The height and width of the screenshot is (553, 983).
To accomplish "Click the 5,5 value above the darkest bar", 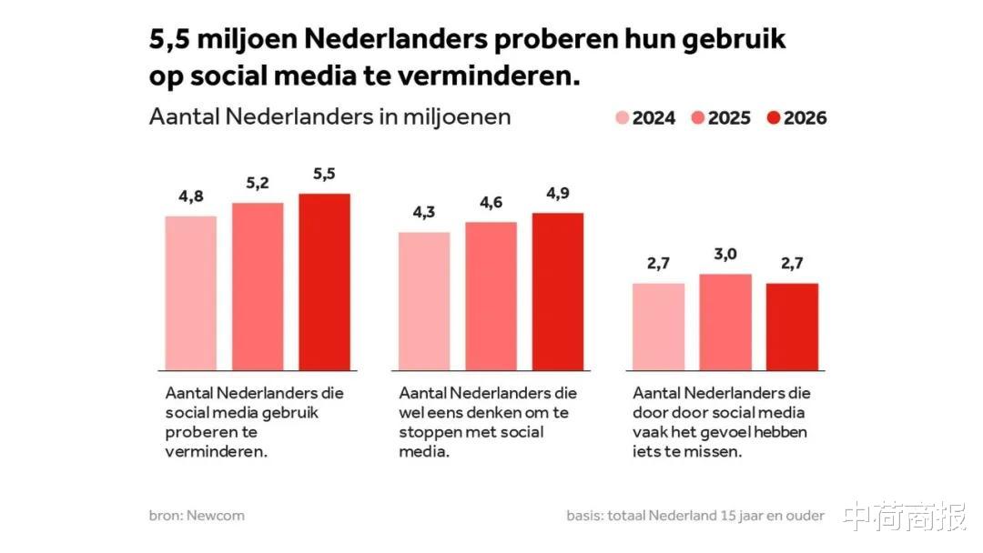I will pyautogui.click(x=324, y=175).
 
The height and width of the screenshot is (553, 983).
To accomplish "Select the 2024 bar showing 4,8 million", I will pyautogui.click(x=191, y=293).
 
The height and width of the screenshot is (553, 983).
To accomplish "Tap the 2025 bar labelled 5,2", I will pyautogui.click(x=258, y=287).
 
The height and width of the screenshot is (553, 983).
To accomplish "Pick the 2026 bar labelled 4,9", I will pyautogui.click(x=557, y=291).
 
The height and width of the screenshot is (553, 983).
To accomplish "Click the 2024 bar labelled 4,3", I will pyautogui.click(x=424, y=301).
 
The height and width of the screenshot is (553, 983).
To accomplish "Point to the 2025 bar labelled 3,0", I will pyautogui.click(x=725, y=322).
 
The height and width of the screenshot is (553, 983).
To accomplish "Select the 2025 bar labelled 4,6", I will pyautogui.click(x=491, y=296).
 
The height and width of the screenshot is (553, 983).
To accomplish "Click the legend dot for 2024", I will pyautogui.click(x=623, y=118).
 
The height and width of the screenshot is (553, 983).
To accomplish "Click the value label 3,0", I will pyautogui.click(x=725, y=255).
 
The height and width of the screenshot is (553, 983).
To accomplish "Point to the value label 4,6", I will pyautogui.click(x=491, y=203).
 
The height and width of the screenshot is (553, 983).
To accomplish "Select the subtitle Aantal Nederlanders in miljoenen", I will pyautogui.click(x=329, y=117).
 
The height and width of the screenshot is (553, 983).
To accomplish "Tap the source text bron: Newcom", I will pyautogui.click(x=197, y=516).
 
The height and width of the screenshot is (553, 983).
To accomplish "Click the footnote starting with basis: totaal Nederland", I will pyautogui.click(x=695, y=516).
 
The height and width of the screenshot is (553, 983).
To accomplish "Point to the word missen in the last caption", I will pyautogui.click(x=719, y=451).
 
